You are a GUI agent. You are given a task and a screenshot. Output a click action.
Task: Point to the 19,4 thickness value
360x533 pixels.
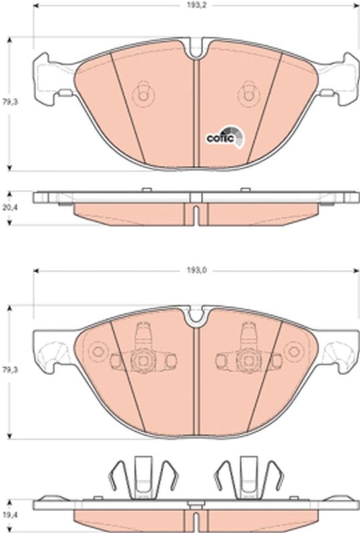[x=8, y=515]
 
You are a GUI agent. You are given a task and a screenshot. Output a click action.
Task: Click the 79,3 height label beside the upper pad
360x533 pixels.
[x=8, y=104]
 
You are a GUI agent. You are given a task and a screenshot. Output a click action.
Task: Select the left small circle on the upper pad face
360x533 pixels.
[x=141, y=94]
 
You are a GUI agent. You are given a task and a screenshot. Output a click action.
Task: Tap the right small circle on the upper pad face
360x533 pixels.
[x=250, y=94]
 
